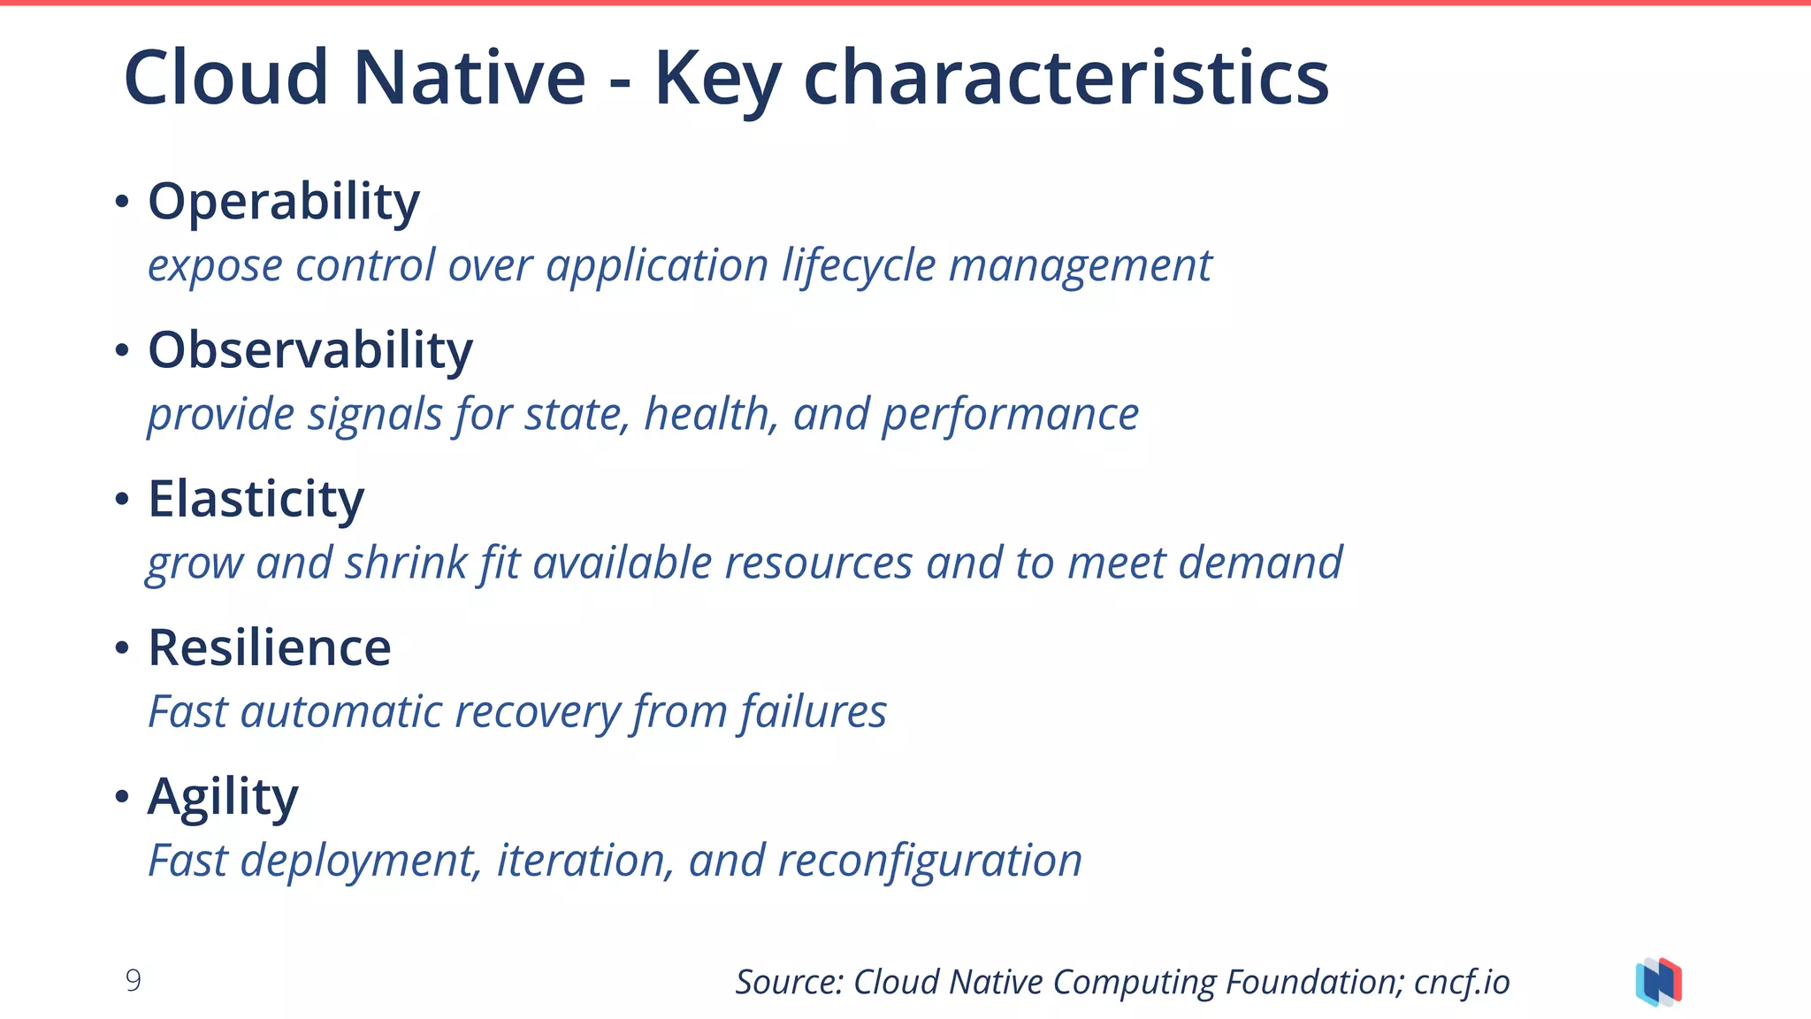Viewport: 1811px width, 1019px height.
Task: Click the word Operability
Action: pyautogui.click(x=283, y=203)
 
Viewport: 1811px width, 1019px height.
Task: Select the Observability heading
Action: pyautogui.click(x=309, y=351)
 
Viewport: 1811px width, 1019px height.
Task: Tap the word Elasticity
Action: pyautogui.click(x=256, y=500)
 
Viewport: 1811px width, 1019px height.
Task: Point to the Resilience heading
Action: pyautogui.click(x=269, y=648)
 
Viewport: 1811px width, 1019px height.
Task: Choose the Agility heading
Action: pyautogui.click(x=223, y=797)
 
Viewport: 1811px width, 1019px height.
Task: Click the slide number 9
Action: pyautogui.click(x=133, y=980)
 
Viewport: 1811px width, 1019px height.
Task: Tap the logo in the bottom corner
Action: pyautogui.click(x=1658, y=982)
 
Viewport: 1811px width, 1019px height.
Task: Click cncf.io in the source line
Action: pyautogui.click(x=1461, y=982)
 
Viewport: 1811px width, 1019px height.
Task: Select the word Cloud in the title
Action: pyautogui.click(x=225, y=78)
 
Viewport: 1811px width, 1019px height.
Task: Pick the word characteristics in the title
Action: pyautogui.click(x=1066, y=78)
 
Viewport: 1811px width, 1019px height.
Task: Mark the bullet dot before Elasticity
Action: pyautogui.click(x=122, y=500)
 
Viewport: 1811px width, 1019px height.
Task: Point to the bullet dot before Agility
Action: pyautogui.click(x=122, y=797)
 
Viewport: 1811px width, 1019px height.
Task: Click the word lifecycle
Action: pyautogui.click(x=858, y=265)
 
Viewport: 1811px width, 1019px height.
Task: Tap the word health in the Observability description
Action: pyautogui.click(x=710, y=414)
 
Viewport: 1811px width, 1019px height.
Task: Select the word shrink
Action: pyautogui.click(x=405, y=563)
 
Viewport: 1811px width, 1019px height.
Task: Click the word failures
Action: pyautogui.click(x=813, y=711)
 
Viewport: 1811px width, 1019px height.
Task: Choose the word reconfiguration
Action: pyautogui.click(x=929, y=861)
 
